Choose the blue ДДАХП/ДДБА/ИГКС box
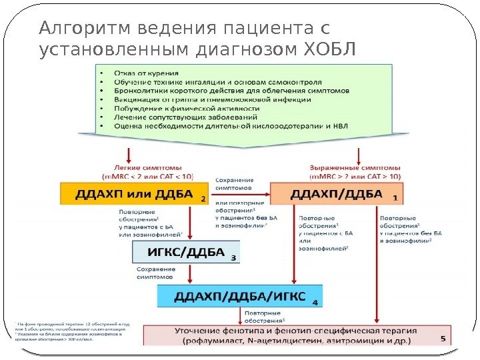click(239, 295)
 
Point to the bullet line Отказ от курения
click(146, 71)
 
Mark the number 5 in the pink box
click(443, 339)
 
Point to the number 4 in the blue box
click(315, 301)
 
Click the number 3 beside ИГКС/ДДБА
click(233, 257)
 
